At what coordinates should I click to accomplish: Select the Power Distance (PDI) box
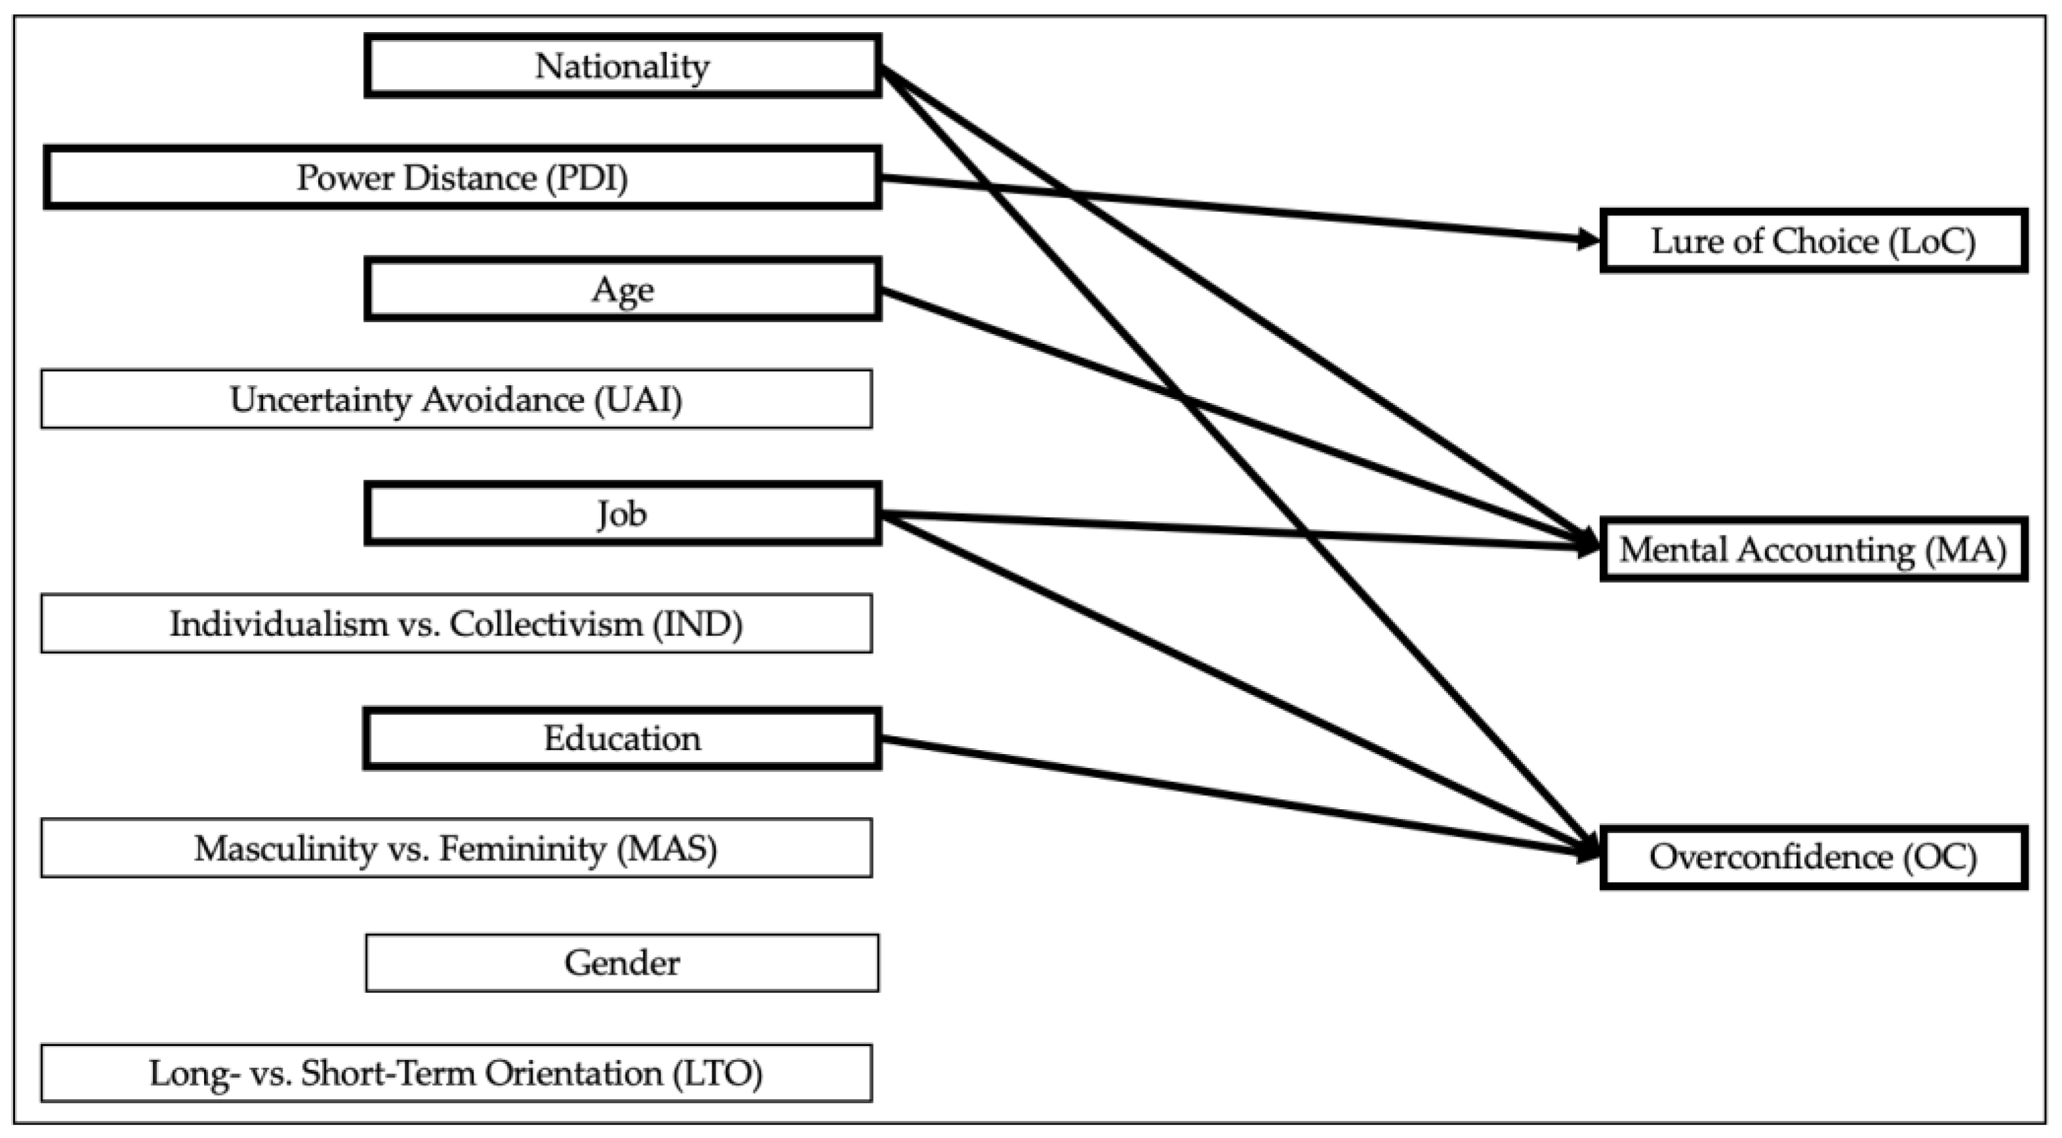click(462, 177)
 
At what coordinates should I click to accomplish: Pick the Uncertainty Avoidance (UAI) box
click(456, 399)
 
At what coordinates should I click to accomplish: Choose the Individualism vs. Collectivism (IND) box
click(456, 623)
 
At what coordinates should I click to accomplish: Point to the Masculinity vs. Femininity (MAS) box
click(456, 847)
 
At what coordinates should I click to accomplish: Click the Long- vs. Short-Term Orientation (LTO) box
click(456, 1072)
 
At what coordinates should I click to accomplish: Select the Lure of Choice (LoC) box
click(1813, 241)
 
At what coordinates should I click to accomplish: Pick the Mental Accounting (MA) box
click(1813, 549)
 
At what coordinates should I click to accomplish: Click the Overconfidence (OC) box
click(1813, 857)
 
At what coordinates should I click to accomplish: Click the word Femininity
click(522, 847)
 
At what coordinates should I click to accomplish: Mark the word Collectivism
click(546, 623)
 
